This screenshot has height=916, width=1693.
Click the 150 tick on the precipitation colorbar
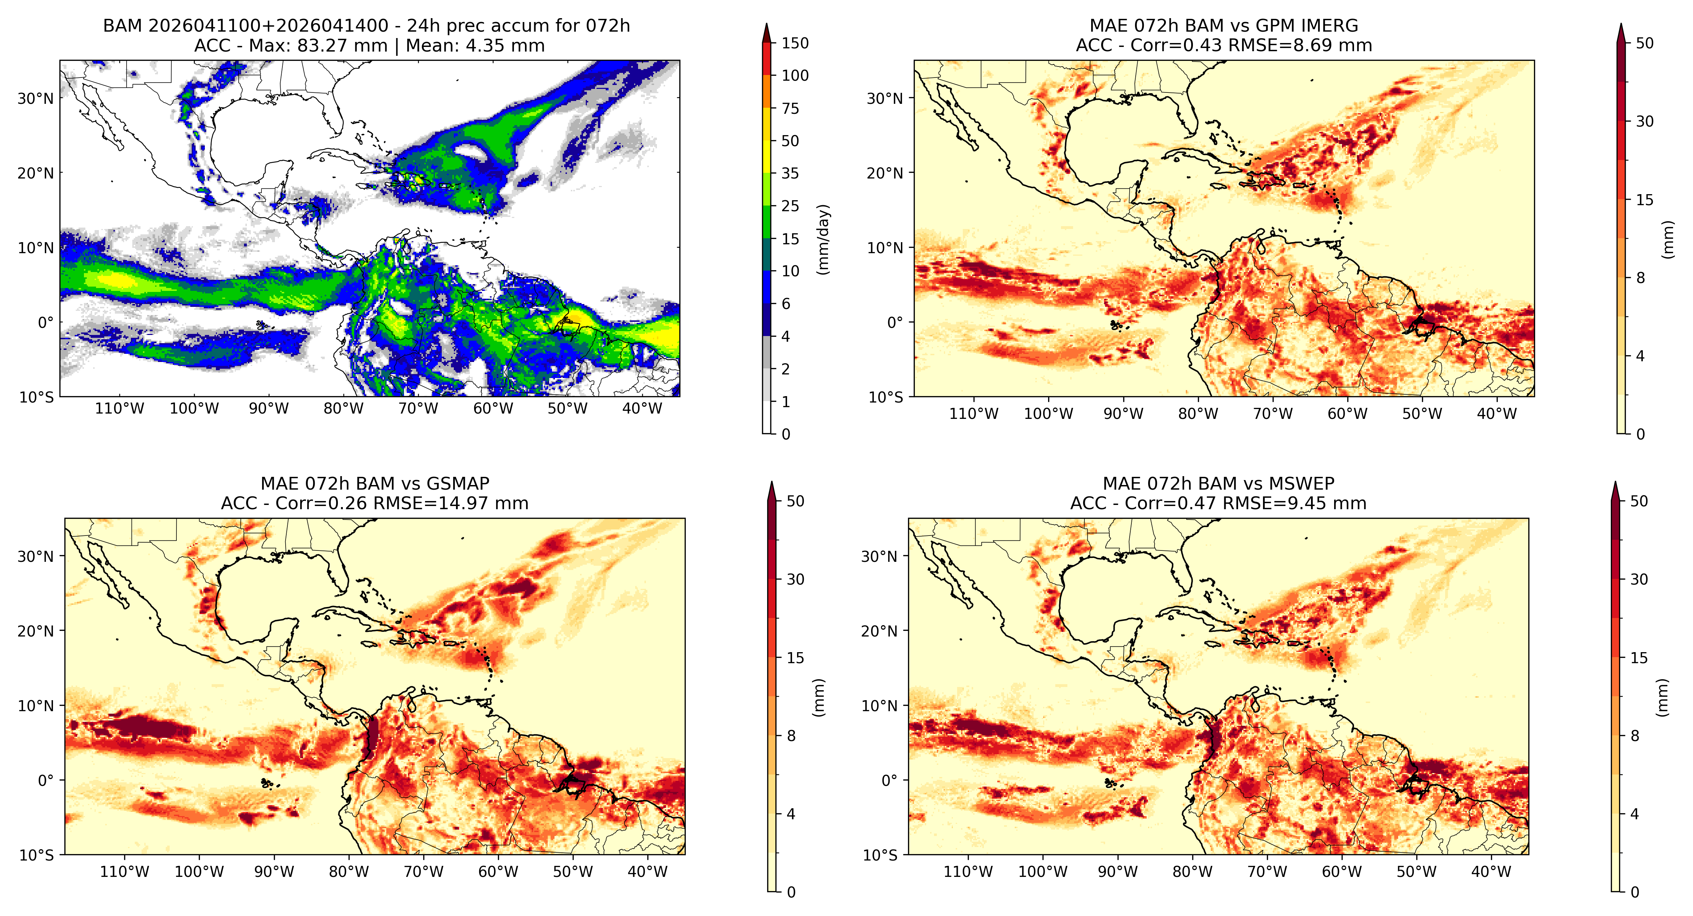coord(795,43)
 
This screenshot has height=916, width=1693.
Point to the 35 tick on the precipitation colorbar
coord(790,174)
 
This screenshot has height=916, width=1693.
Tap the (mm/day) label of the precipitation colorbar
coord(823,239)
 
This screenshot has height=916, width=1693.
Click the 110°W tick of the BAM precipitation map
coord(120,409)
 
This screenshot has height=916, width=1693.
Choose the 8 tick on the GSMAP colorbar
coord(791,736)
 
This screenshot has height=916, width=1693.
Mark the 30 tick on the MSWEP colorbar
coord(1639,580)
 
